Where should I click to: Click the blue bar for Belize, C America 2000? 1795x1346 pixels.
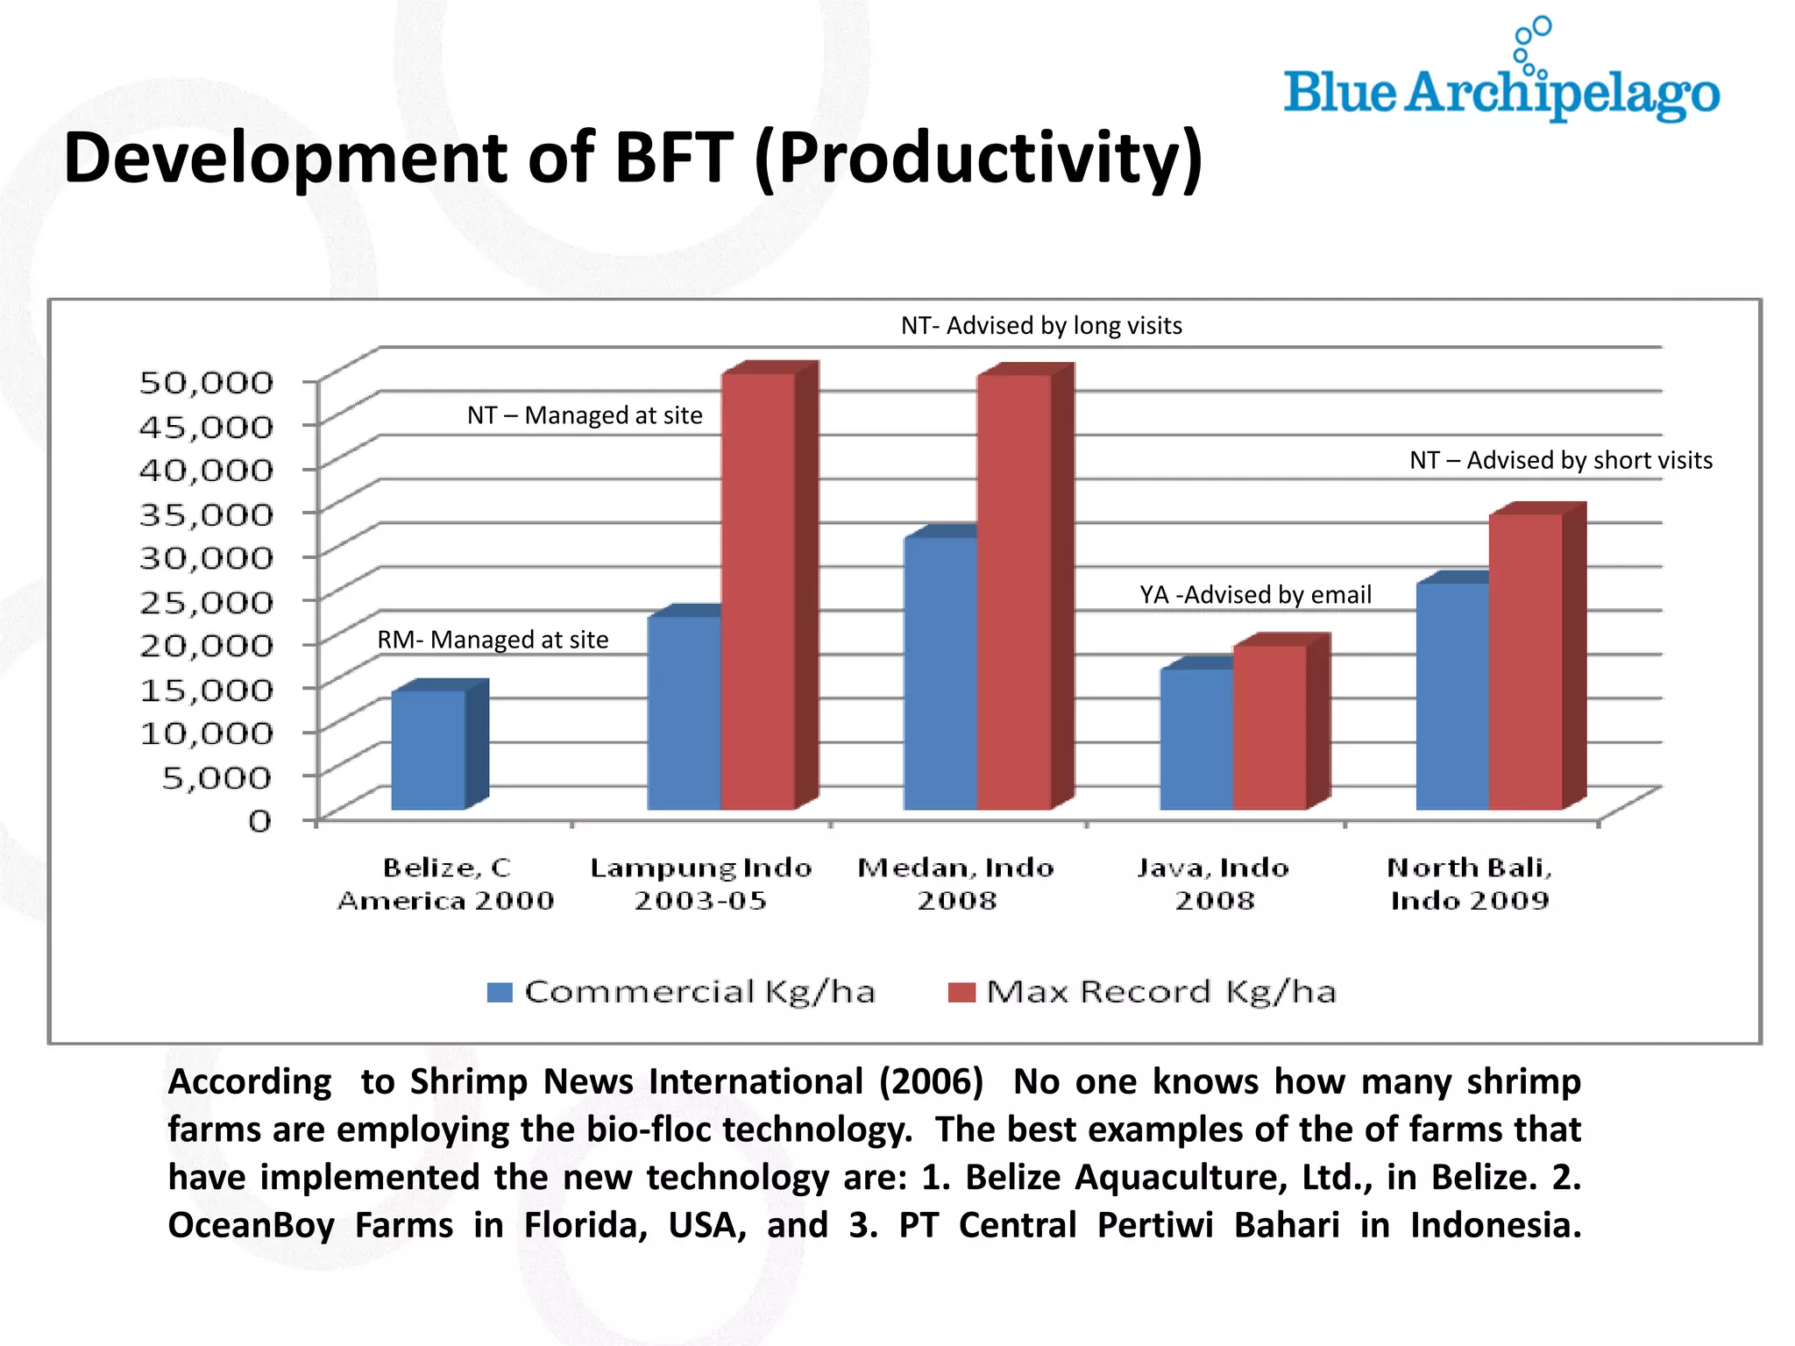pyautogui.click(x=428, y=750)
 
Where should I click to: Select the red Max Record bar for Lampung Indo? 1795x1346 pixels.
pyautogui.click(x=757, y=592)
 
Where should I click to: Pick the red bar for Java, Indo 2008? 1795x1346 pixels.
pyautogui.click(x=1269, y=727)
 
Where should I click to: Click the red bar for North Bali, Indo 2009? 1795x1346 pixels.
pyautogui.click(x=1525, y=662)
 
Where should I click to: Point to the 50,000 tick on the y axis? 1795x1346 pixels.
pyautogui.click(x=207, y=382)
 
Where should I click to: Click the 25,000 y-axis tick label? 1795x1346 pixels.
pyautogui.click(x=207, y=601)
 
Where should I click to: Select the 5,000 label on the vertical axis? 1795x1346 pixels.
pyautogui.click(x=217, y=776)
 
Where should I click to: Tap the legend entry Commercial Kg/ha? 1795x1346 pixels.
pyautogui.click(x=682, y=992)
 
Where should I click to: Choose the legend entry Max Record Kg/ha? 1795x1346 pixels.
pyautogui.click(x=1143, y=992)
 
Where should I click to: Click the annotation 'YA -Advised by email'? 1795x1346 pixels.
pyautogui.click(x=1255, y=595)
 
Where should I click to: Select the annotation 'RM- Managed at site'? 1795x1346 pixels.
pyautogui.click(x=493, y=640)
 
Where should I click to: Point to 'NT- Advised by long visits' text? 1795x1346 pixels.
pyautogui.click(x=1041, y=326)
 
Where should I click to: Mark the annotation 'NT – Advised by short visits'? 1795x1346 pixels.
pyautogui.click(x=1560, y=460)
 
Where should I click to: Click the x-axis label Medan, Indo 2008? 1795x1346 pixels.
pyautogui.click(x=955, y=883)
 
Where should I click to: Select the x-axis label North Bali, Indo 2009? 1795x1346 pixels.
pyautogui.click(x=1470, y=883)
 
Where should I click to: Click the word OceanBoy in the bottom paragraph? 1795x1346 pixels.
pyautogui.click(x=251, y=1225)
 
